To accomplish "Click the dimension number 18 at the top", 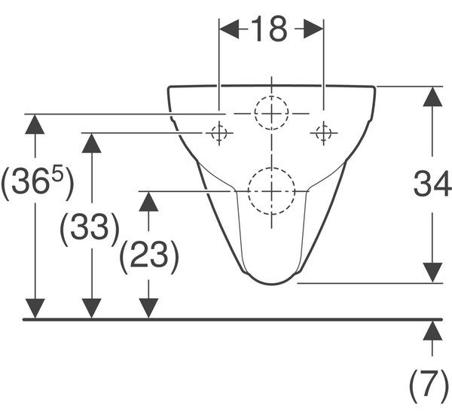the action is point(270,29).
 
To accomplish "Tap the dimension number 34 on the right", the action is point(432,184).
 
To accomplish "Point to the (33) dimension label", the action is point(90,229).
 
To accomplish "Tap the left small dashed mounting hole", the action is point(218,133).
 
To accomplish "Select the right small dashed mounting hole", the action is point(323,133).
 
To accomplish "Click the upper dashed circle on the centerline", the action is point(271,96).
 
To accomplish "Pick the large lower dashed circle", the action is point(271,168).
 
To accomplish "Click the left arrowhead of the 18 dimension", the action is point(229,29).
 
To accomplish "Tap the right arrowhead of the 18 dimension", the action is point(313,29).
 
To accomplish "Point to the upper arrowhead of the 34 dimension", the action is point(432,96).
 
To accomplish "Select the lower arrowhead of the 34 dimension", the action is point(432,272).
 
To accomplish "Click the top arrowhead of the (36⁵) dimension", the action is point(35,124).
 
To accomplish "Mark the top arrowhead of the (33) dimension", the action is point(92,143).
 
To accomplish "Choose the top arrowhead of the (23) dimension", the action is point(148,201).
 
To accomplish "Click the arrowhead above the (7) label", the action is point(432,331).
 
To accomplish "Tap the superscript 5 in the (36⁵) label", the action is point(58,174).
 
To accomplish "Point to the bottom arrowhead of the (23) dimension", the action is point(148,309).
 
